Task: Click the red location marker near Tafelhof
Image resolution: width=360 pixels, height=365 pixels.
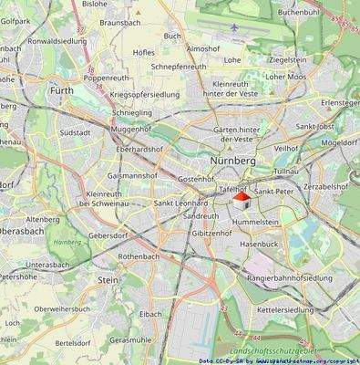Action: click(x=242, y=195)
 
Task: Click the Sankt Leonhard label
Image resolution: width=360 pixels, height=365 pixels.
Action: click(x=180, y=203)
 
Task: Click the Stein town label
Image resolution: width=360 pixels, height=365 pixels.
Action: click(x=108, y=282)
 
